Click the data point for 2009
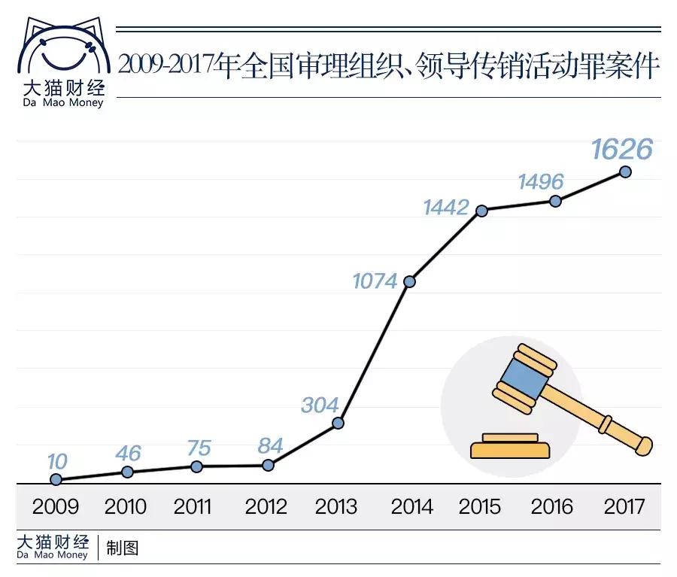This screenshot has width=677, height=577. [x=56, y=479]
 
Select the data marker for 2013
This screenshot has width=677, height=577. [x=338, y=423]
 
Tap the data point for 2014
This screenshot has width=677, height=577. [x=409, y=282]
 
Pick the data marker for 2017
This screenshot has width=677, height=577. [x=624, y=172]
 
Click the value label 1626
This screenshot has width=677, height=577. [x=621, y=149]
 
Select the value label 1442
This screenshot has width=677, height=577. [x=446, y=207]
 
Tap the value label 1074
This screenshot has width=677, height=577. [x=375, y=281]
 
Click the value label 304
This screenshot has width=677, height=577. [x=320, y=405]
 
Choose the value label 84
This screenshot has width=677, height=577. [x=269, y=445]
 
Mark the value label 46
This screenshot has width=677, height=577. [x=128, y=453]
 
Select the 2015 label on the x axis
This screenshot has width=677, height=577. [x=480, y=506]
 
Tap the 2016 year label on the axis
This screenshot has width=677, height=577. [x=552, y=506]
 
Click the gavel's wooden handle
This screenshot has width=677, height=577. [x=602, y=418]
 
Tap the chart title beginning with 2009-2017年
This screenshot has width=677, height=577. [x=388, y=66]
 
